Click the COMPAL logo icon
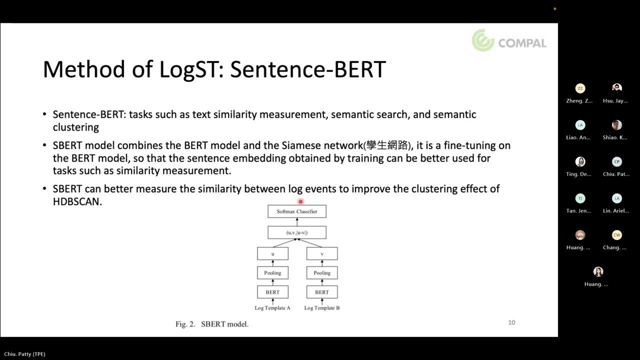point(483,40)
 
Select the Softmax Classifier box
point(296,211)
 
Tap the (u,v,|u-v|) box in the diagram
point(296,232)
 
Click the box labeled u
point(272,254)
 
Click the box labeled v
point(322,254)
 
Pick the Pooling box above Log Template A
point(272,273)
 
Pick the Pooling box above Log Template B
point(322,273)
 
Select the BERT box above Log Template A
point(272,292)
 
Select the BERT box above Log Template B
point(322,292)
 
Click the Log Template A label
point(272,308)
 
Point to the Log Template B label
point(322,308)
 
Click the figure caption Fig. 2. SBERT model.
point(212,324)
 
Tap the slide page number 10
point(511,322)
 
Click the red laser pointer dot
point(300,201)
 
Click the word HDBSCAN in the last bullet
point(77,202)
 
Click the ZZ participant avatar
point(580,88)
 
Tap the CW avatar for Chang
point(617,235)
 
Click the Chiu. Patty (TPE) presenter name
point(25,354)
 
